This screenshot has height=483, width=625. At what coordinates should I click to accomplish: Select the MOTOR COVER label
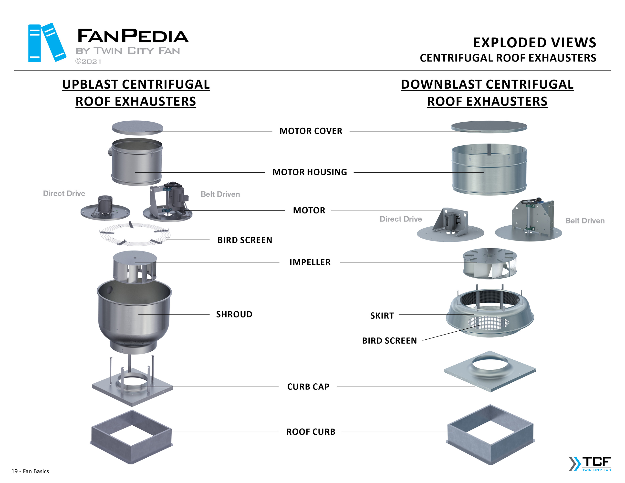click(311, 131)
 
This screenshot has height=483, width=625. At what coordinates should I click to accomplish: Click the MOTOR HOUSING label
click(310, 172)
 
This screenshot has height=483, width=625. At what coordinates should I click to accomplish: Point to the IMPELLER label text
click(310, 262)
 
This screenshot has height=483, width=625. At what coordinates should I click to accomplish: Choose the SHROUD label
click(234, 314)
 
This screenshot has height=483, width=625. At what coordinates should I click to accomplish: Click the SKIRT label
click(382, 315)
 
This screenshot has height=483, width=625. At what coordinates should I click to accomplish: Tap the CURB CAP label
click(308, 387)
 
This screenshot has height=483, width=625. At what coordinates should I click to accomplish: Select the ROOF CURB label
click(311, 432)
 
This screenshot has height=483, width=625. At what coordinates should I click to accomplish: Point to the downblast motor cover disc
click(489, 126)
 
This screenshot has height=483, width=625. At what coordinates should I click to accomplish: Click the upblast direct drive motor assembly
click(105, 209)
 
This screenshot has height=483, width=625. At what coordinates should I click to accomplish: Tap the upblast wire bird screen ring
click(135, 234)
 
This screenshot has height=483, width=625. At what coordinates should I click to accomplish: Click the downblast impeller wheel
click(490, 263)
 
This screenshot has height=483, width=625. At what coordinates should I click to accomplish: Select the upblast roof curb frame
click(132, 437)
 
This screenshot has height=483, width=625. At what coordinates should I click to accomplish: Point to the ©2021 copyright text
click(88, 62)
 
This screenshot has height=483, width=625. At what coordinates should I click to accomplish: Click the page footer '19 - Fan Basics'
click(30, 471)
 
